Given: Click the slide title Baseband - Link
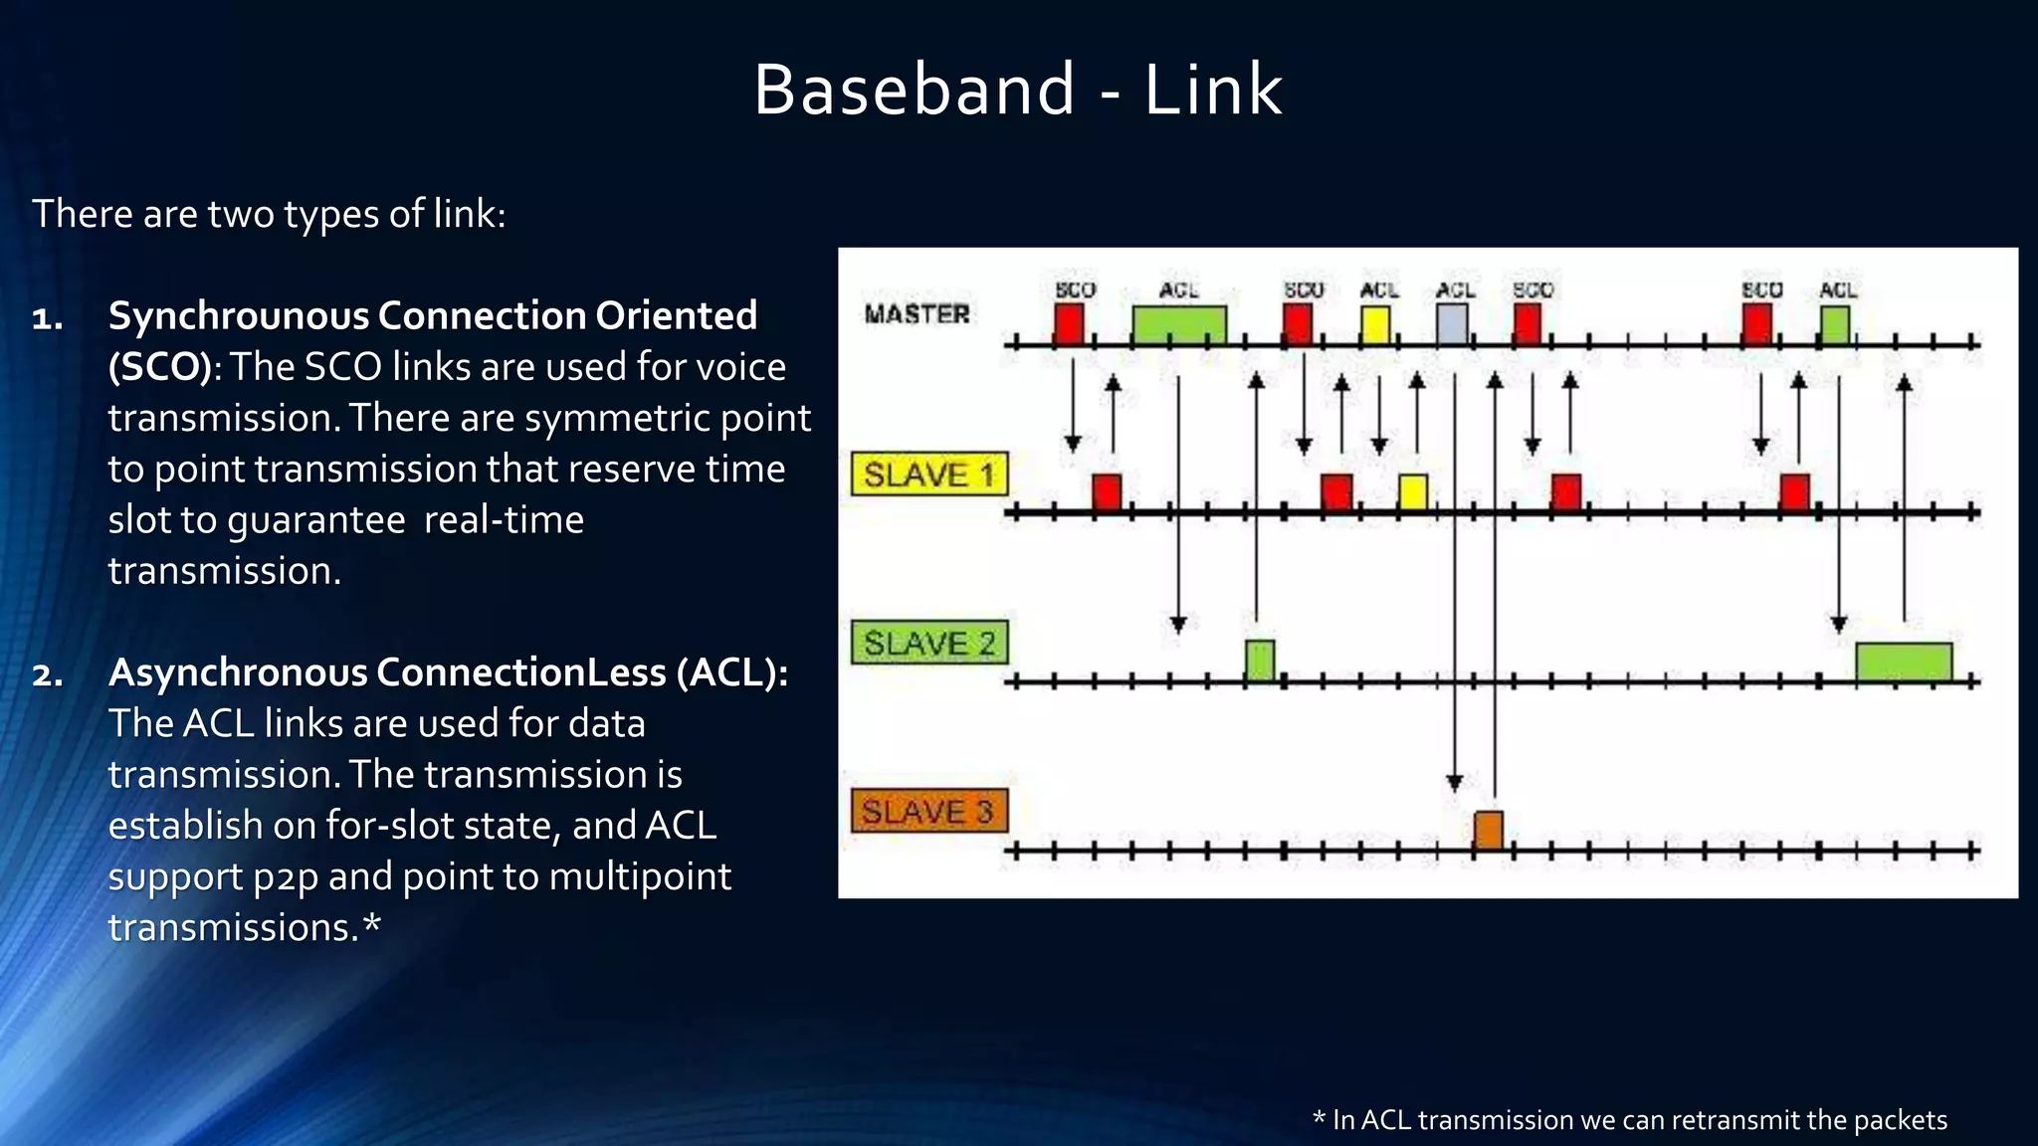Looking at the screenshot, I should click(1017, 90).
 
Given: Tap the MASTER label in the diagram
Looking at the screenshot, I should click(917, 314).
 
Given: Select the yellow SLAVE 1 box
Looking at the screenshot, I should click(929, 475).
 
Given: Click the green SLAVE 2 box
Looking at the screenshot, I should click(929, 643).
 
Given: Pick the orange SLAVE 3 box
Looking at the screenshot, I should click(929, 811).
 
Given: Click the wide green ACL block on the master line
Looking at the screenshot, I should click(1179, 324).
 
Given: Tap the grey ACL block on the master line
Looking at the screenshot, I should click(1452, 324).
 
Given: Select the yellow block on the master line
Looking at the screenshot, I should click(1375, 325).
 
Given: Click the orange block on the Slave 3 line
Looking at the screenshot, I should click(1488, 830).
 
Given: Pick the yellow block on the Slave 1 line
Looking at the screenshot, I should click(1412, 492).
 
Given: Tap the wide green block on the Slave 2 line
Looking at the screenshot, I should click(1903, 662).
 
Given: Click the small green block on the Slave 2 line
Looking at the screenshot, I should click(1260, 661).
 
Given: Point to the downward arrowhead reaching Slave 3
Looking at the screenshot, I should click(1454, 783).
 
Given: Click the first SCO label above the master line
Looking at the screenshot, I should click(1075, 289).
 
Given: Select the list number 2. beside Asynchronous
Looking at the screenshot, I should click(48, 674).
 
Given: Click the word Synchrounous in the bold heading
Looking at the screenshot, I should click(238, 315).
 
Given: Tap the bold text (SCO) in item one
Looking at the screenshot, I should click(159, 367).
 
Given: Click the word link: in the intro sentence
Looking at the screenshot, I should click(469, 214).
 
